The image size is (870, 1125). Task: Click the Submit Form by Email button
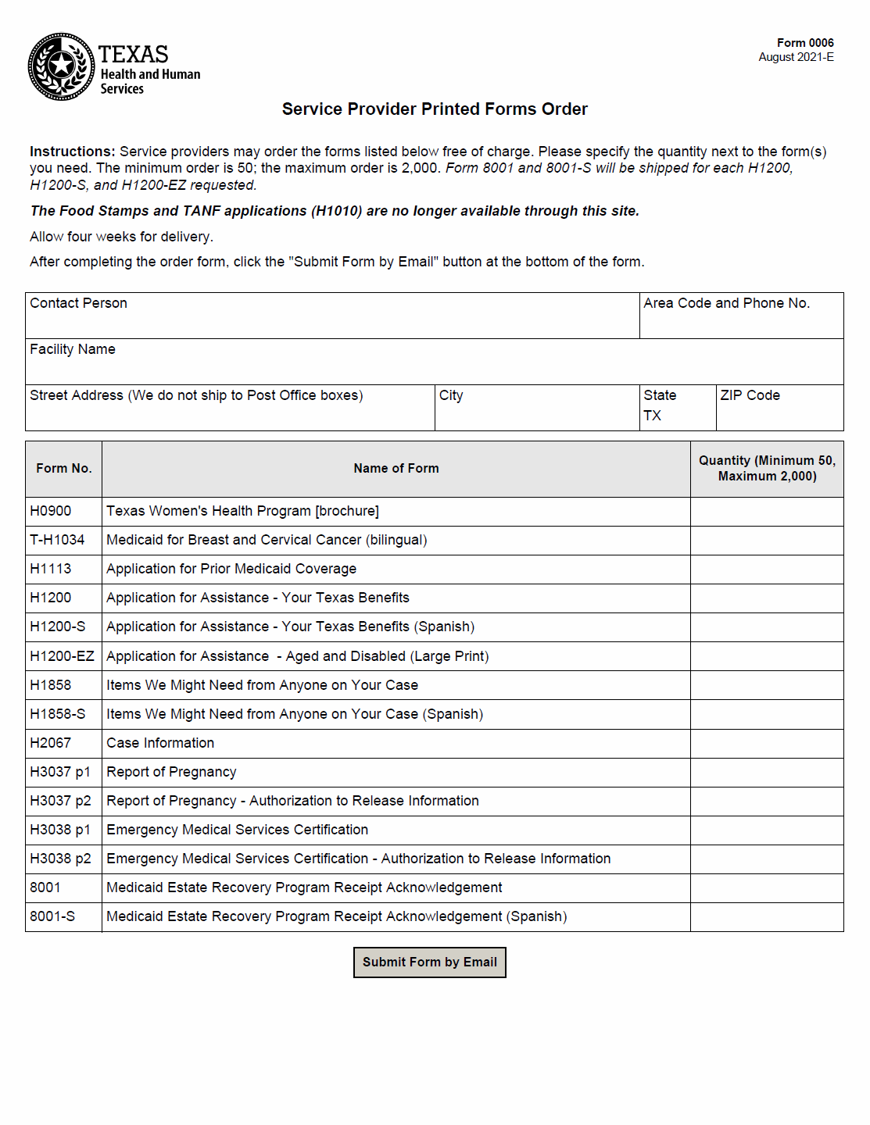point(429,962)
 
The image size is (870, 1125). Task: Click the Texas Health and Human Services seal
point(61,66)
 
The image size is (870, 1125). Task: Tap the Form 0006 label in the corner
point(804,43)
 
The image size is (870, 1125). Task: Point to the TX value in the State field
point(653,416)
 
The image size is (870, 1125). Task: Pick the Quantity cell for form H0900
point(766,511)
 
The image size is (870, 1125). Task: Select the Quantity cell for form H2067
point(766,743)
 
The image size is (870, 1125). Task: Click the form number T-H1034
point(57,540)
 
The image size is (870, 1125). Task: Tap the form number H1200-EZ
point(62,656)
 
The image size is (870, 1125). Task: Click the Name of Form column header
point(396,469)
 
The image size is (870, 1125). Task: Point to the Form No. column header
point(63,469)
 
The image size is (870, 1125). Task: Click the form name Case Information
point(160,743)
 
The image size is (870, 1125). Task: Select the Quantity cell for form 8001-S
point(766,916)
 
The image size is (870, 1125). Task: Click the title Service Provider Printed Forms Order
point(435,109)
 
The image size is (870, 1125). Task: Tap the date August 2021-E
point(796,57)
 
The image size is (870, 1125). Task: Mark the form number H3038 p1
point(60,830)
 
